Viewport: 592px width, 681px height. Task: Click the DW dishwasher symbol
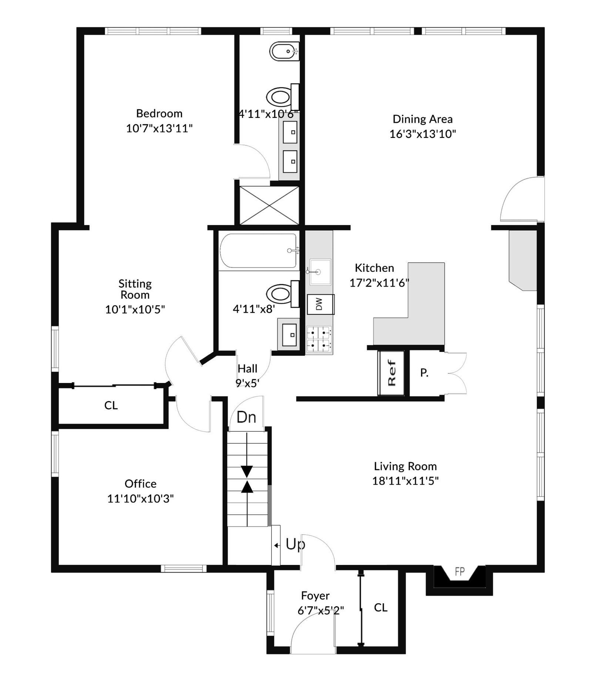coord(320,304)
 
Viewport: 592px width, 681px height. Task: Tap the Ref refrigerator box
coord(391,373)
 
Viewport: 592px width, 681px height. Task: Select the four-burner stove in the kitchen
coord(319,339)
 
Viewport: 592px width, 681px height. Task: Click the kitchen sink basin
coord(320,272)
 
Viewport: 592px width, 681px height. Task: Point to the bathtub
coord(258,250)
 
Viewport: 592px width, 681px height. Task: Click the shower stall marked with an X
coord(269,206)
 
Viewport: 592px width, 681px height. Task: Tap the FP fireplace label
coord(460,572)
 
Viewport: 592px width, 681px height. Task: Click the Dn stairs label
coord(246,417)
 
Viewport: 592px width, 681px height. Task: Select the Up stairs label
coord(295,545)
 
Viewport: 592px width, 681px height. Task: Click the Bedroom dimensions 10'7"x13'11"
coord(159,128)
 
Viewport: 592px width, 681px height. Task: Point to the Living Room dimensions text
coord(406,481)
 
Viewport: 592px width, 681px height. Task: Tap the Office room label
coord(141,484)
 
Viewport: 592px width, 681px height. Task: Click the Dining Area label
coord(423,119)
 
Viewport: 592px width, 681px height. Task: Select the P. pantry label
coord(424,373)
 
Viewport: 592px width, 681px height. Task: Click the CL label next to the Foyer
coord(381,607)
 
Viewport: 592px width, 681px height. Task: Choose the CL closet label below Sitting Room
coord(111,406)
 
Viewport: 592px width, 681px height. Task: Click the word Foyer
coord(315,596)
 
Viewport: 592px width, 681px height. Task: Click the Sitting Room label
coord(135,289)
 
